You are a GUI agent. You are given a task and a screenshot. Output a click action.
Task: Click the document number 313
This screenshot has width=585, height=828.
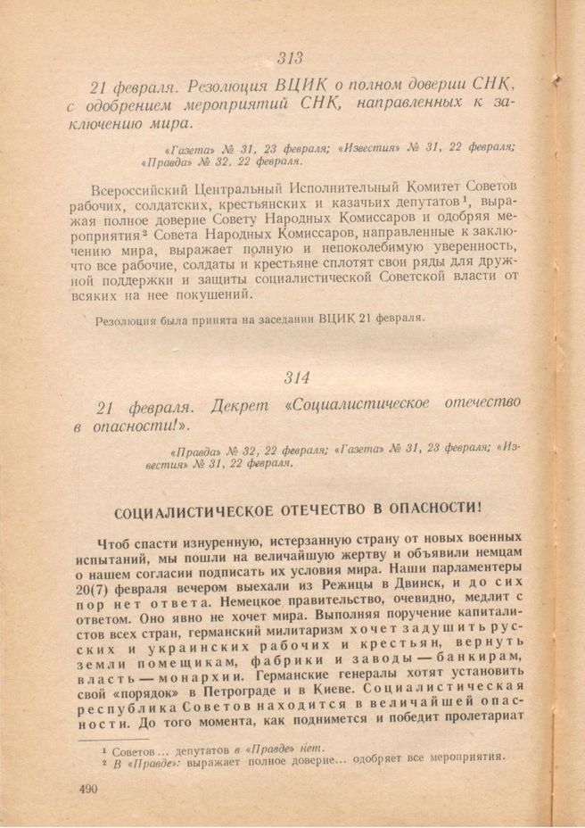(x=290, y=59)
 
